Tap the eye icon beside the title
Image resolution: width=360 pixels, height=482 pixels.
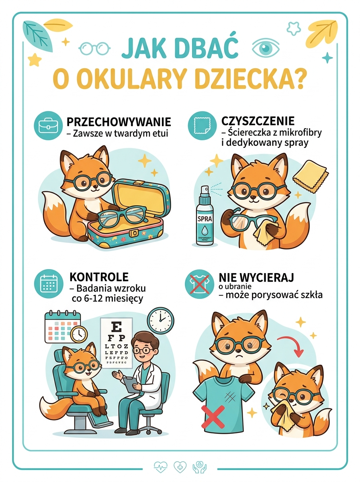coord(264,48)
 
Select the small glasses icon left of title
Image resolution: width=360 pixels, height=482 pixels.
coord(94,48)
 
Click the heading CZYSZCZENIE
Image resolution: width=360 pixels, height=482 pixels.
coord(258,121)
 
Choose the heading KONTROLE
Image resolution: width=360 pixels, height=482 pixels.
coord(99,277)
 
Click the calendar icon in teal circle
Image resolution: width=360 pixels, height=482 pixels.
coord(47,284)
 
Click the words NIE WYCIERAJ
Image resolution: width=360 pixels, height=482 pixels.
coord(256,277)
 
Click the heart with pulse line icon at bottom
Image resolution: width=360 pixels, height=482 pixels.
coord(160,466)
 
